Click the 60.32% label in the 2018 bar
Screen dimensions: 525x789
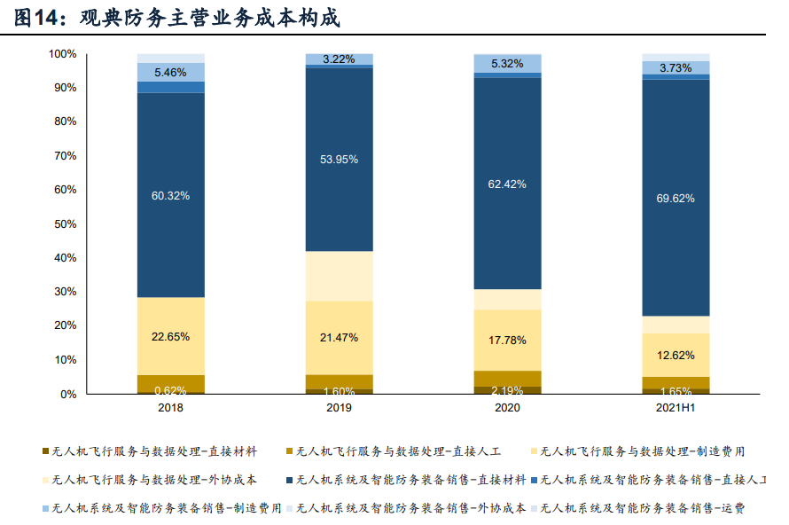click(171, 196)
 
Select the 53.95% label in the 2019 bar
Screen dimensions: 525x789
click(339, 160)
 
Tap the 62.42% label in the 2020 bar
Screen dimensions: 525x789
click(507, 184)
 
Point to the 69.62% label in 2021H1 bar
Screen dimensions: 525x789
click(676, 199)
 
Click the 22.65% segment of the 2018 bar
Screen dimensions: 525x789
click(171, 336)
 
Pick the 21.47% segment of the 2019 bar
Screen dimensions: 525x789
click(339, 338)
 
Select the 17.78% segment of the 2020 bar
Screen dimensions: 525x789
click(507, 340)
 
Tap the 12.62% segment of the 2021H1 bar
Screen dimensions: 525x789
click(676, 356)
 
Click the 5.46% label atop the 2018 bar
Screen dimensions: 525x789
click(171, 73)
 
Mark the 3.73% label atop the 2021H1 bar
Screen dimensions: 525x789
click(676, 68)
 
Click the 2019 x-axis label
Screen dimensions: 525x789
click(339, 408)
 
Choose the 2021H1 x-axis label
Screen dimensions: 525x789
click(676, 408)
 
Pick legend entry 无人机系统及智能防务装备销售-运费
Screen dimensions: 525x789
click(642, 508)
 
